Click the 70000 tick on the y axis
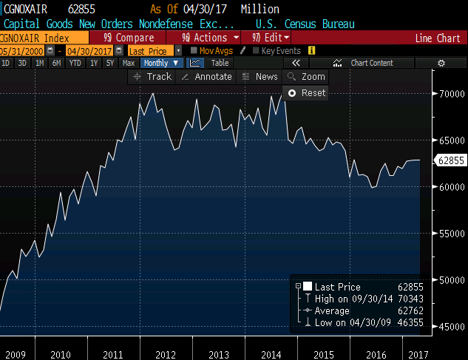pos(450,95)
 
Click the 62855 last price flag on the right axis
pos(450,160)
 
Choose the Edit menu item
pos(273,38)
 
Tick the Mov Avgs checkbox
pos(194,50)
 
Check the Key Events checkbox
pos(257,50)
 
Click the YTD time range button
pos(75,64)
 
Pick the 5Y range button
pos(109,64)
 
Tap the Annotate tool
pos(207,77)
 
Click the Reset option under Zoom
pos(308,93)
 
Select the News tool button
pos(260,77)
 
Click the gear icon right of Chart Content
pos(441,64)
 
